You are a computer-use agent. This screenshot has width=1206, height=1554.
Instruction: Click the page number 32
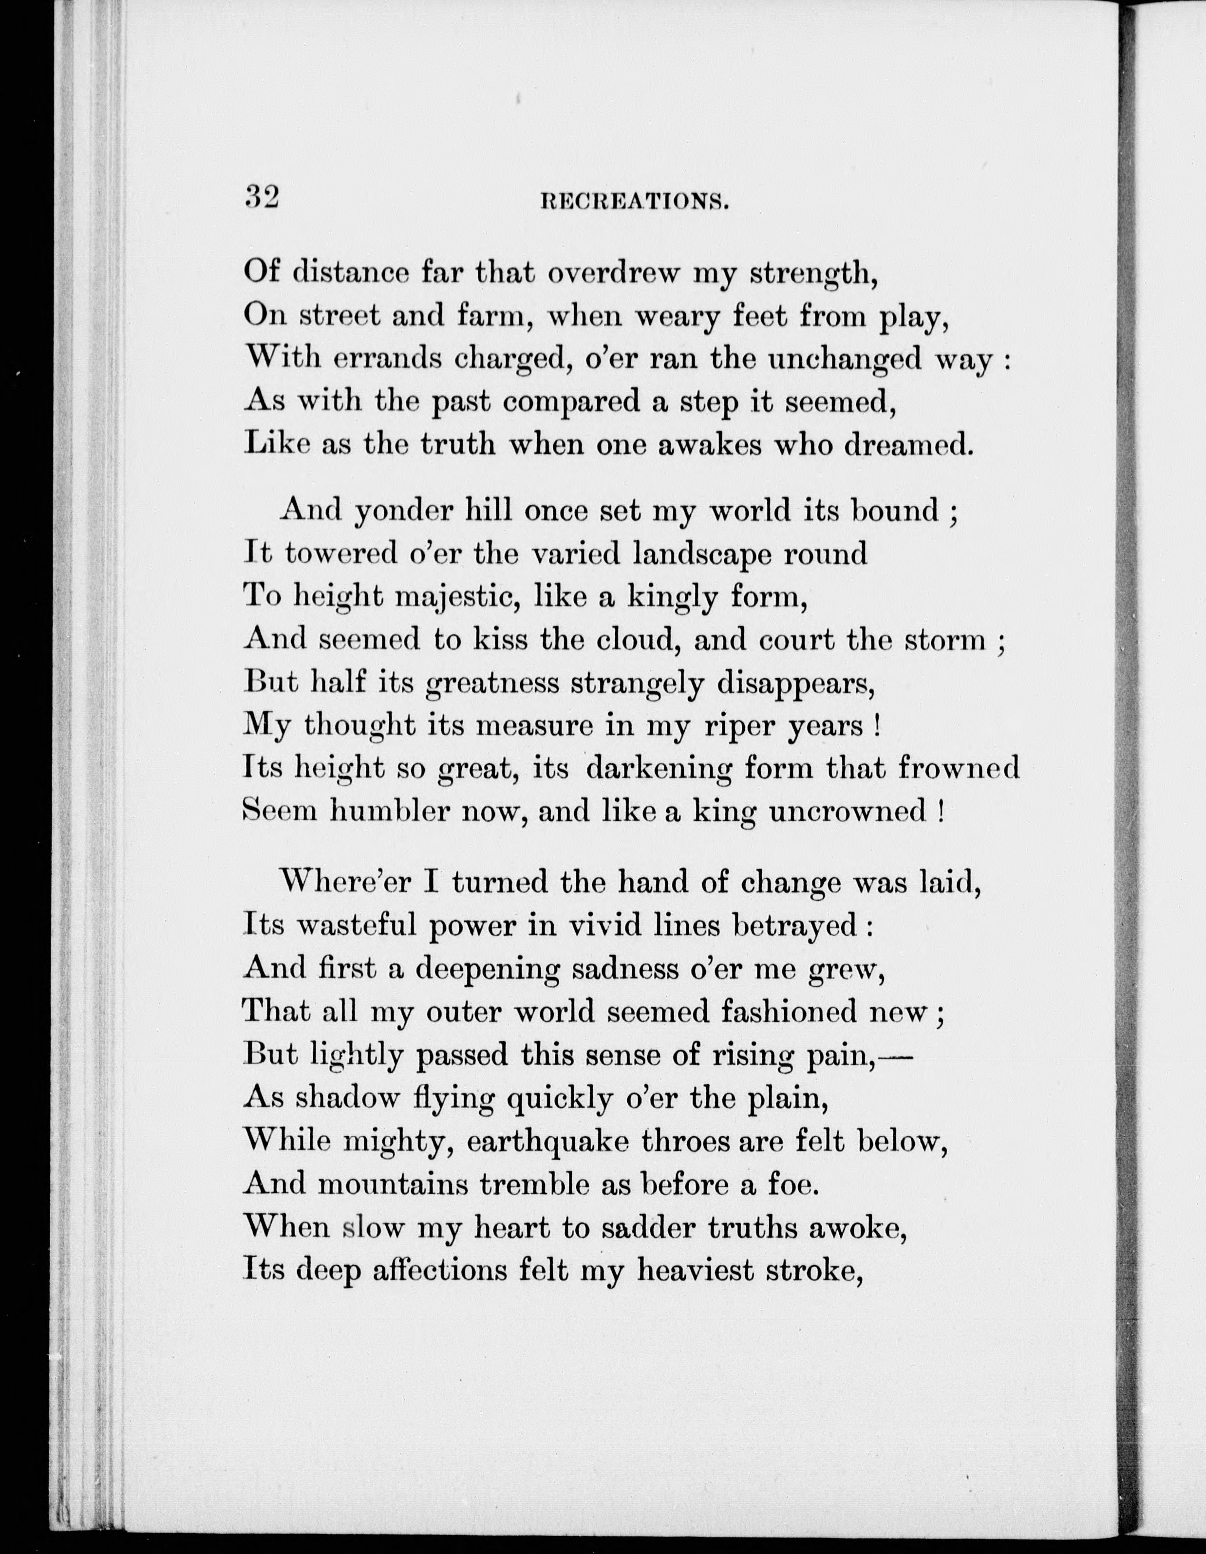pos(261,196)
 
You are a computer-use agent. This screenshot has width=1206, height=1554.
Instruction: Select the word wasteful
pos(353,925)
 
